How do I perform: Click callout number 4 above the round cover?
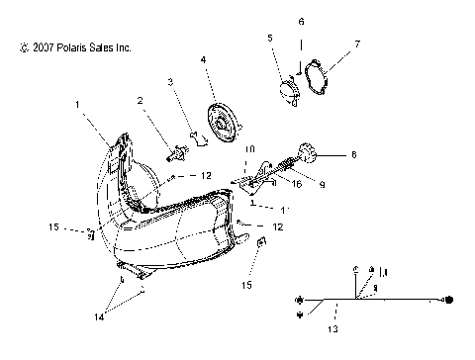(x=204, y=60)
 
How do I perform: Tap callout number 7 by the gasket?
(x=357, y=44)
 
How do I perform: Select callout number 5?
(x=268, y=38)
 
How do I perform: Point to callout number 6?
(x=302, y=20)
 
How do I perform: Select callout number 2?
(x=141, y=99)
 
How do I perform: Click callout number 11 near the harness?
(x=384, y=271)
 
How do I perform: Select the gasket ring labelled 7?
(x=321, y=77)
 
